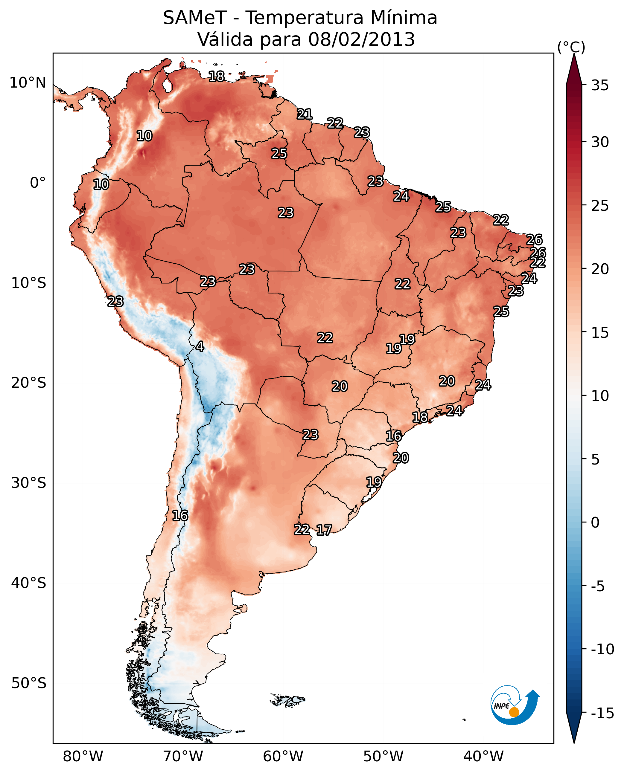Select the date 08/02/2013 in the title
361,39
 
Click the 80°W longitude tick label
83,757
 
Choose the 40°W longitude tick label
483,757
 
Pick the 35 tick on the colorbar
600,85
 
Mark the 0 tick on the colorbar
595,523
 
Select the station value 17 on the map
324,530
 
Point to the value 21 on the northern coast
305,114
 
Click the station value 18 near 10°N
216,77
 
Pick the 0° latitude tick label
38,183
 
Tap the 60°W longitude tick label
283,757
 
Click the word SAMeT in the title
194,18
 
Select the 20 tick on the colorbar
600,269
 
